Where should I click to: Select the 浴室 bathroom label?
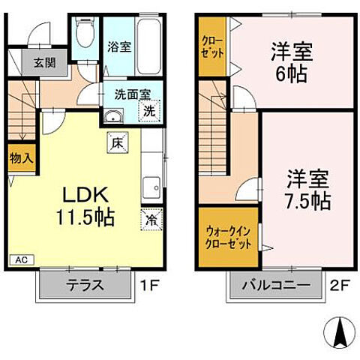[120, 46]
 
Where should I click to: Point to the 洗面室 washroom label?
[131, 95]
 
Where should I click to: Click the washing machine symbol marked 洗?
[150, 110]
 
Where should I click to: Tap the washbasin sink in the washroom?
[114, 116]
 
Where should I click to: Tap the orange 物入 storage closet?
[20, 158]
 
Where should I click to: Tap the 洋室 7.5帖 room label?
[306, 190]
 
